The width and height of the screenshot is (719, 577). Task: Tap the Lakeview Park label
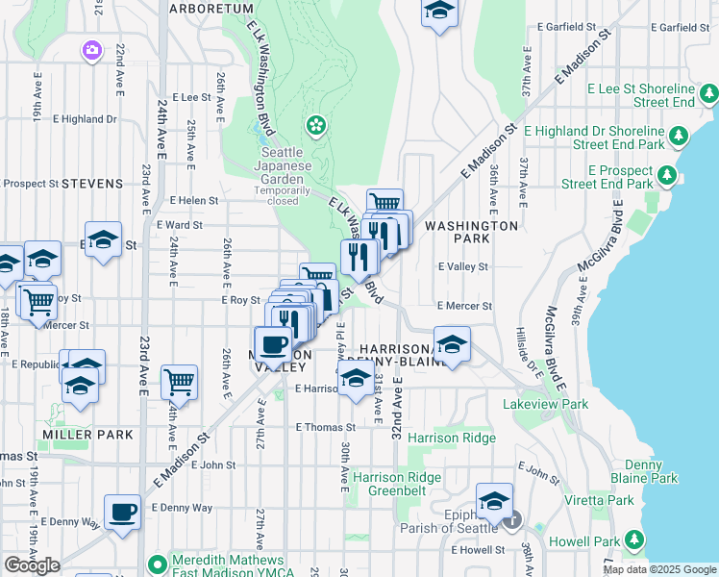coord(545,405)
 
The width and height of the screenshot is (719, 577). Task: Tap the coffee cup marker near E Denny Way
coord(122,513)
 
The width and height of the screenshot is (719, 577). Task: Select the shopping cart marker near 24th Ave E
coord(179,383)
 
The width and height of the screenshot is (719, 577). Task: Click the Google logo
coord(32,565)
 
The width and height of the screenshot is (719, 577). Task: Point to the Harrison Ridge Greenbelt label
coord(397,484)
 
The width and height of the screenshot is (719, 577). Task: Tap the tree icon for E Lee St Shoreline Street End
coord(709,93)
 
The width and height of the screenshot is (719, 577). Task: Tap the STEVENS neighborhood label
coord(92,183)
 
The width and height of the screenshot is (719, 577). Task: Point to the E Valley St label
coord(463,267)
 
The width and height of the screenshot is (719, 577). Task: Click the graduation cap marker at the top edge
coord(439,12)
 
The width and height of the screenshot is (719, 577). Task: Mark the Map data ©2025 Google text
coord(659,569)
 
